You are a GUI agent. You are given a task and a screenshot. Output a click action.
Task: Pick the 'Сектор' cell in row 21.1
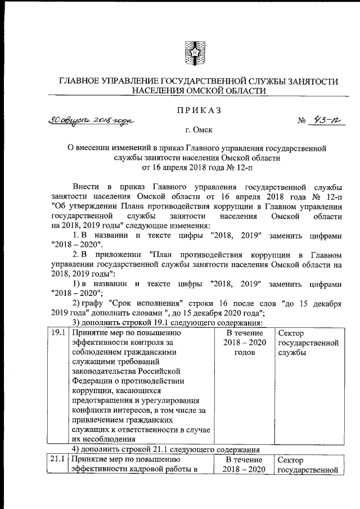tap(308, 465)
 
